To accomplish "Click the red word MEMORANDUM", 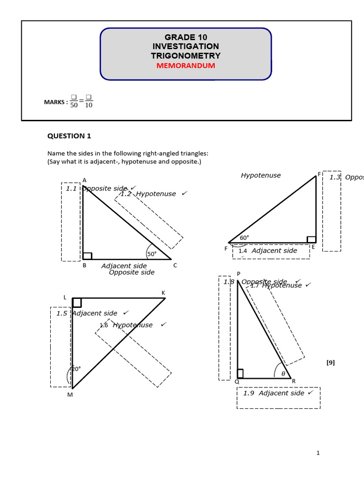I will pos(185,66).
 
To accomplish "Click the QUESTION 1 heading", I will pos(69,136).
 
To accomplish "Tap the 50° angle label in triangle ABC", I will pos(152,254).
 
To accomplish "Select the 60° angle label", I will pos(244,238).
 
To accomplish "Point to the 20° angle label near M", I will pos(76,369).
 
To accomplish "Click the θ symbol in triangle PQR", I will pos(283,373).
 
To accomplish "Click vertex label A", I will pos(84,180).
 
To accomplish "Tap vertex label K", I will pos(164,293).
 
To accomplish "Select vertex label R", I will pos(294,381).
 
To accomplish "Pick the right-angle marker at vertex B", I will pos(87,256).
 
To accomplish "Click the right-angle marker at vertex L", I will pos(77,303).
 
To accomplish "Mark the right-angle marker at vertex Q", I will pos(240,374).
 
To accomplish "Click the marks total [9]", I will pos(330,362).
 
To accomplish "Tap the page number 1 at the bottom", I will pos(318,453).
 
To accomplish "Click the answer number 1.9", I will pos(249,393).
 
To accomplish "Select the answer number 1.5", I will pos(62,313).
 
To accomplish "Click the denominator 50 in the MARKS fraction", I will pos(74,105).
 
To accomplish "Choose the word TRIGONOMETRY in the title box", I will pos(185,56).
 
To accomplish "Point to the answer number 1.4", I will pos(243,251).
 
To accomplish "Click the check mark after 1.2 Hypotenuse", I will pos(184,193).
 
